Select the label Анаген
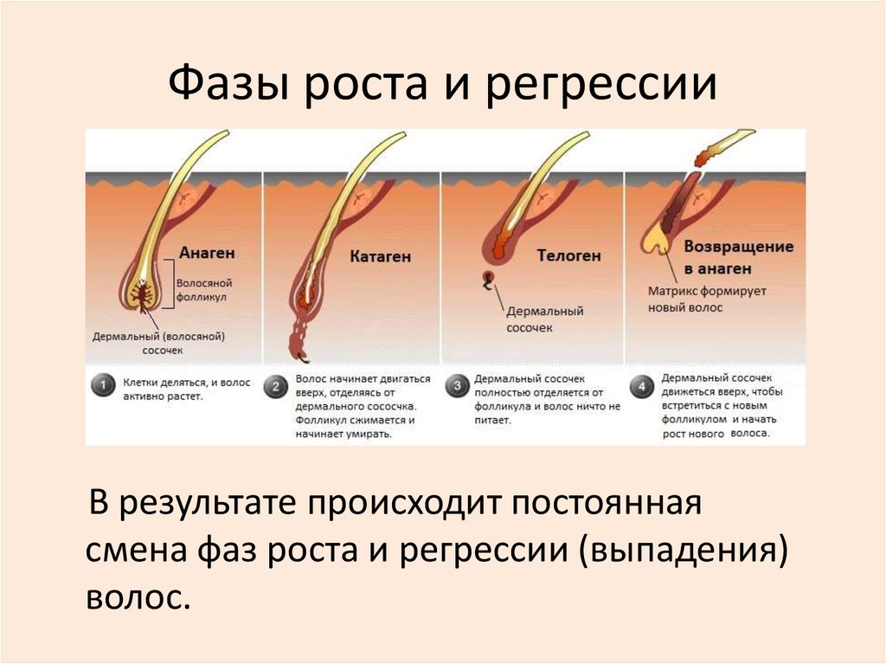pyautogui.click(x=207, y=253)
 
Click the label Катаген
pyautogui.click(x=381, y=257)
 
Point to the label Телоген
pyautogui.click(x=568, y=255)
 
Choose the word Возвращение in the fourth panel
pyautogui.click(x=738, y=246)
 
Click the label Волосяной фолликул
pyautogui.click(x=203, y=289)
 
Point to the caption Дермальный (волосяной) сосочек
pyautogui.click(x=159, y=343)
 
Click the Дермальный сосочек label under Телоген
pyautogui.click(x=545, y=319)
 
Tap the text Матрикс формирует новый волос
pyautogui.click(x=707, y=300)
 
